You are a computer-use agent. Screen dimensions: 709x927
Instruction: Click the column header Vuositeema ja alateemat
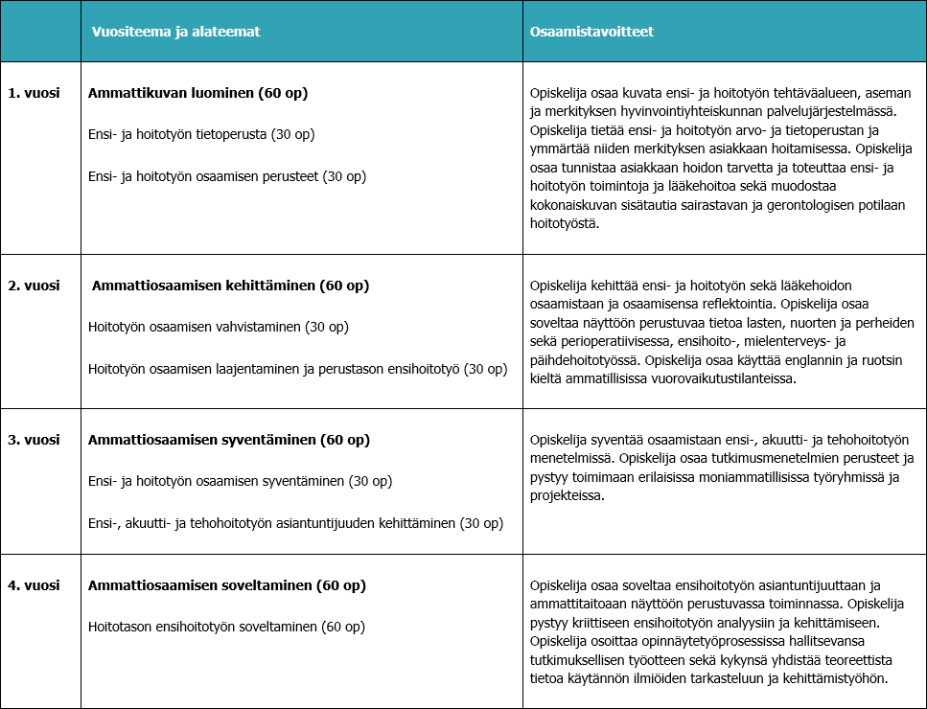176,32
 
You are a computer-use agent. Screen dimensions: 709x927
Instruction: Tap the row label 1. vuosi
35,93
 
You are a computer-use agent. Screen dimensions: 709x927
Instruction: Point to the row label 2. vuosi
35,286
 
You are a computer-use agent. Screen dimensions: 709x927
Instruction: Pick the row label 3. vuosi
35,440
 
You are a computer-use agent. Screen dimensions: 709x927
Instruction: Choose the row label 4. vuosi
35,584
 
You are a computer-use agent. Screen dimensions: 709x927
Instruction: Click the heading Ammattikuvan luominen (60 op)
197,93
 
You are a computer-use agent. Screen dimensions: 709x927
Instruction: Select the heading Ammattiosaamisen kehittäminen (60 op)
230,286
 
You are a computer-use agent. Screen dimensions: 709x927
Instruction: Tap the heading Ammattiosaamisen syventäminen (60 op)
228,440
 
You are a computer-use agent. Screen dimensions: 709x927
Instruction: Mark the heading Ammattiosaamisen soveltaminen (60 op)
227,584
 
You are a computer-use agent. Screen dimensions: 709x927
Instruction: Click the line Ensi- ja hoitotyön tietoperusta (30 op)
201,134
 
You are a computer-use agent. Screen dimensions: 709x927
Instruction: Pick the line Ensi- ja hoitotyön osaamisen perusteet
227,176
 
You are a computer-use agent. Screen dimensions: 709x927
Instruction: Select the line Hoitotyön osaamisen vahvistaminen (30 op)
218,327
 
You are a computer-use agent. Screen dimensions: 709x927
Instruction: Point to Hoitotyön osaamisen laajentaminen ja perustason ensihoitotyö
297,369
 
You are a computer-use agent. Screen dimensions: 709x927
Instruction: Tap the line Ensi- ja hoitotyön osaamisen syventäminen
241,480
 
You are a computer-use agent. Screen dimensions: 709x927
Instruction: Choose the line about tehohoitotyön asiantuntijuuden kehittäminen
295,522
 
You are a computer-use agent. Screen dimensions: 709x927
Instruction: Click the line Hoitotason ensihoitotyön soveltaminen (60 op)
226,627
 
